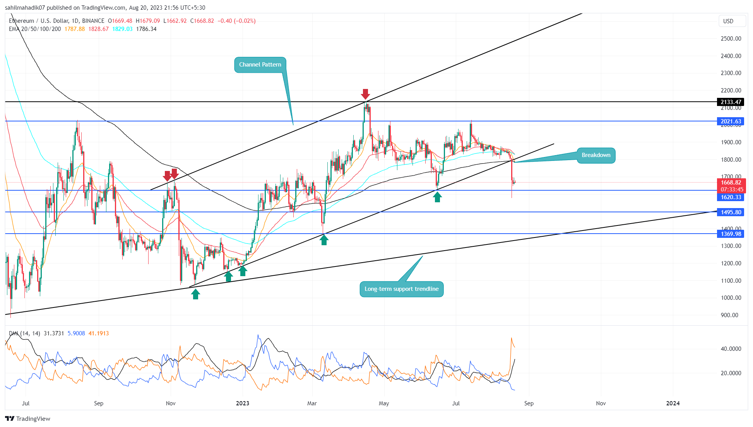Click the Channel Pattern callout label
[260, 65]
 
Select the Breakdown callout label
[596, 155]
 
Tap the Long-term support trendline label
[401, 289]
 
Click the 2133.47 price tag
[731, 102]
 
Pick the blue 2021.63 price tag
[731, 121]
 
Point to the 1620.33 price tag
[731, 197]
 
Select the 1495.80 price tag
[731, 212]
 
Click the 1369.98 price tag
[731, 234]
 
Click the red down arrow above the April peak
[365, 94]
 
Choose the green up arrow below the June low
[437, 197]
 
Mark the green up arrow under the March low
[324, 240]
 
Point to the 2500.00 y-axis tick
[731, 39]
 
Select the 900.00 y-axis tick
[729, 315]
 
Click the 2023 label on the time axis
[243, 403]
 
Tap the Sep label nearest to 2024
[529, 403]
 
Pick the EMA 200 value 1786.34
[146, 29]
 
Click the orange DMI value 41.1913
[99, 333]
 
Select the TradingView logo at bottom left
[28, 419]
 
